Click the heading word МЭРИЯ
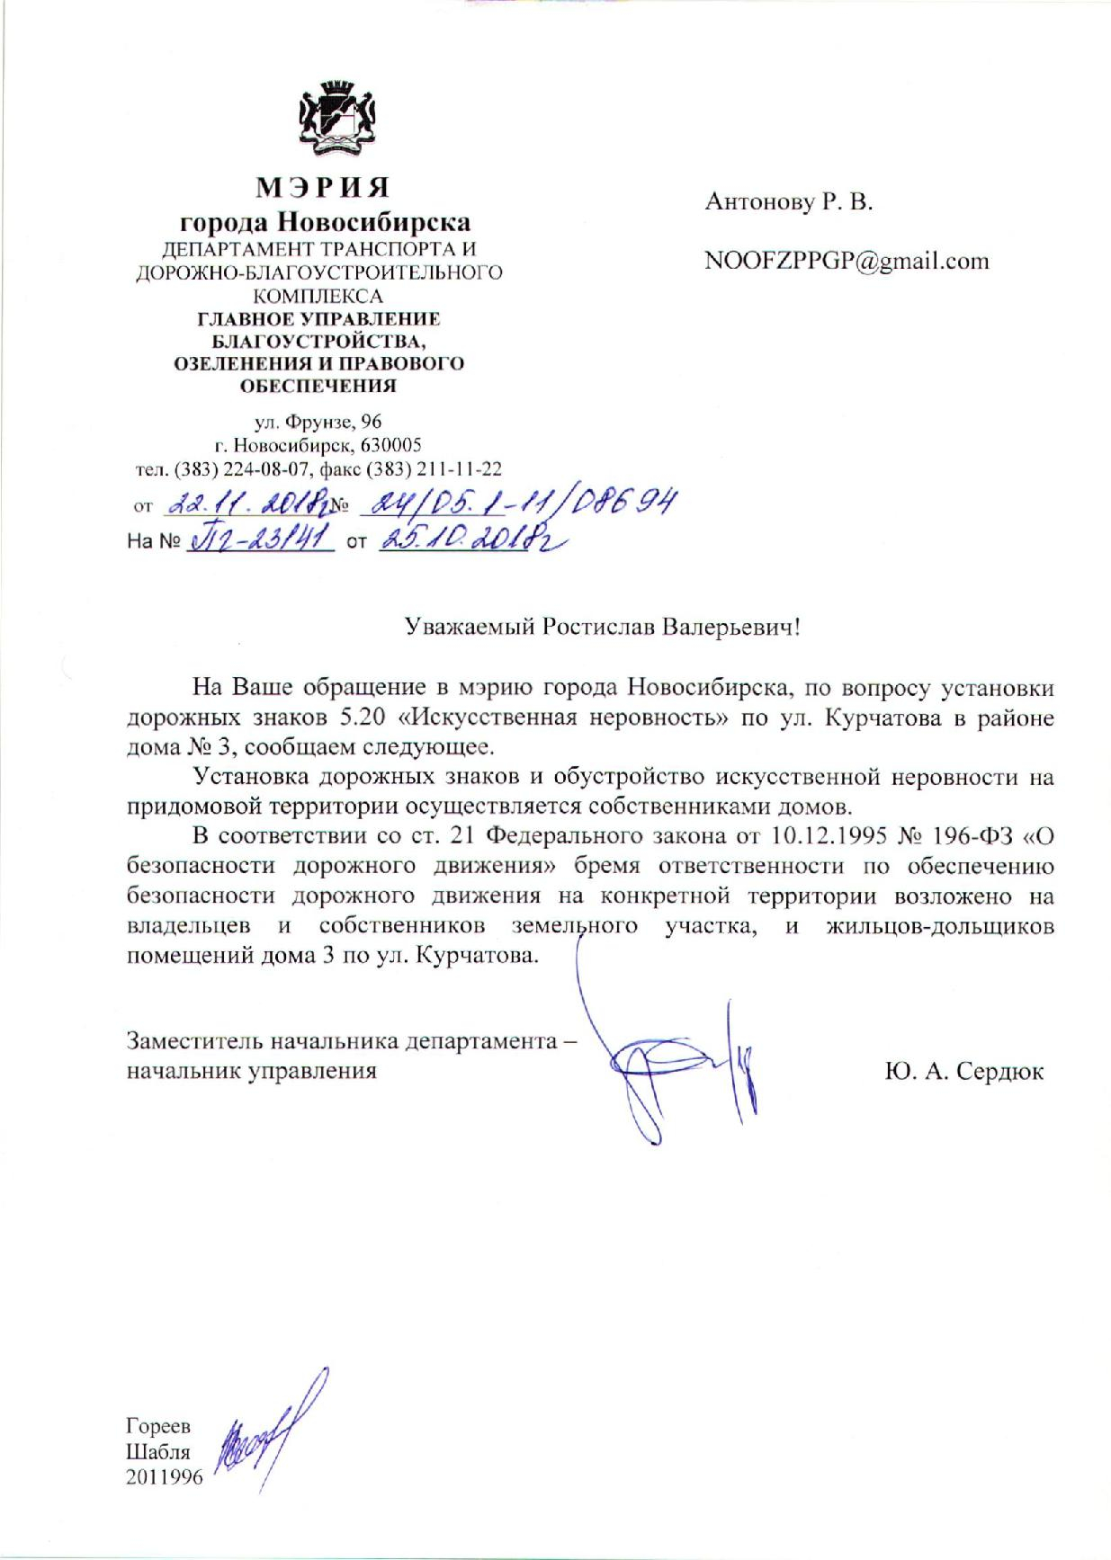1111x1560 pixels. pos(324,187)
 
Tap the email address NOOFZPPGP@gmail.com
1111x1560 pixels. pos(847,261)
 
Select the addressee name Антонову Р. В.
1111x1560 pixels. pos(789,202)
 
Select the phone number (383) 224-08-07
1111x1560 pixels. pos(240,468)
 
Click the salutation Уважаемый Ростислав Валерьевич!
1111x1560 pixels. pos(601,627)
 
